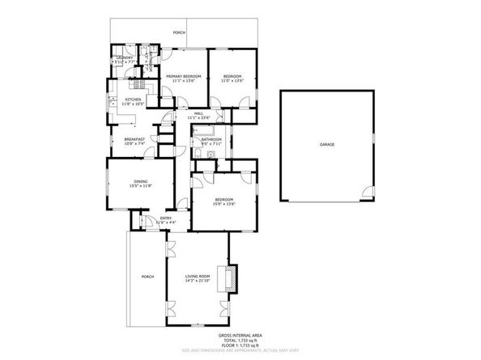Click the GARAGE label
326,144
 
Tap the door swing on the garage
368,192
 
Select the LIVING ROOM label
198,276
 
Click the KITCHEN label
133,99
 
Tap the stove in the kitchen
138,84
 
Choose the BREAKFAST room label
134,138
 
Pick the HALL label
198,113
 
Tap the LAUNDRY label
124,57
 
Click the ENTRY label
165,218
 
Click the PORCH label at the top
179,32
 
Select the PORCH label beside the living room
147,277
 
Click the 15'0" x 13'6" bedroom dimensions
223,204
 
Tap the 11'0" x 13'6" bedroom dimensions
233,80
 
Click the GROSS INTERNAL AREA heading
240,334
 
